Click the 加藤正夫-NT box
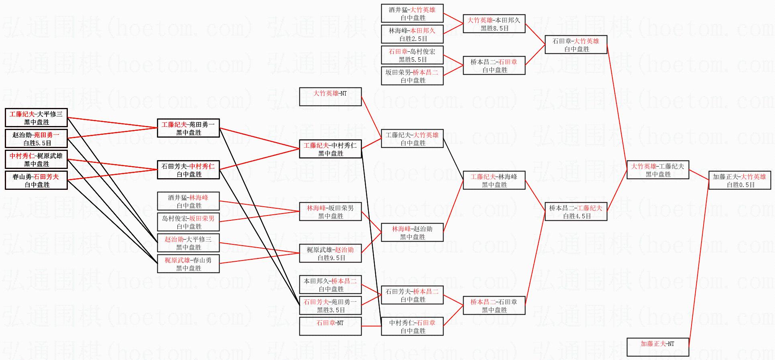click(x=658, y=347)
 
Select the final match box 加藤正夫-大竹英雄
click(x=739, y=180)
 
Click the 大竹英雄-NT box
click(x=330, y=97)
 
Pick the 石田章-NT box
click(x=330, y=326)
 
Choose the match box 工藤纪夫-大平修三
click(x=36, y=118)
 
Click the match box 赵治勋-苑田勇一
click(x=36, y=138)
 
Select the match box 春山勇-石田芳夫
click(x=36, y=180)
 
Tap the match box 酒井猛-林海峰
click(x=188, y=201)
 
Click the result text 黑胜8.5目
click(x=495, y=28)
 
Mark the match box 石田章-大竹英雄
click(x=576, y=45)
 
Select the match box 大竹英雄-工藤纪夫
click(x=658, y=170)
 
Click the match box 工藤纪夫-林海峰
click(x=494, y=180)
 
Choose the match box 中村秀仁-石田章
click(x=412, y=326)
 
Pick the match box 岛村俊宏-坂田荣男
click(x=188, y=222)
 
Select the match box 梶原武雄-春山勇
click(x=188, y=264)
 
